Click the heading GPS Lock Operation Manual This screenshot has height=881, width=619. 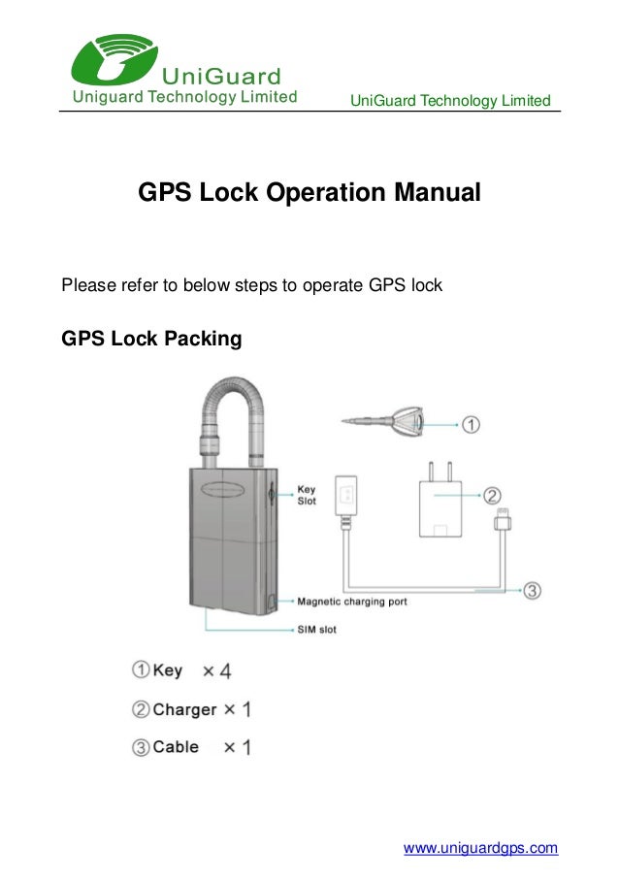pos(309,192)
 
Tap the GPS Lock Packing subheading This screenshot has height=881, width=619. pos(151,340)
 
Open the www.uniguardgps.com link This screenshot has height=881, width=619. pos(480,848)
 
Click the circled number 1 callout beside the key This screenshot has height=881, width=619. pos(470,424)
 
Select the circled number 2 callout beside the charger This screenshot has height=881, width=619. pos(493,496)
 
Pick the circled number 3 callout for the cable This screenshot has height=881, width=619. pos(532,589)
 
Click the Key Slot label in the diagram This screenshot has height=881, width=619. pos(307,495)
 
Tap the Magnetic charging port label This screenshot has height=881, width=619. pos(352,602)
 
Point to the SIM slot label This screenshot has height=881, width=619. pos(317,630)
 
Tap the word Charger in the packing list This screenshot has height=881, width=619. pos(184,709)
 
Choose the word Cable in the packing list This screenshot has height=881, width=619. pos(176,747)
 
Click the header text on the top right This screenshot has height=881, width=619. pos(449,101)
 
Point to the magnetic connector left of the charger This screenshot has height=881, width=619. pos(347,496)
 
